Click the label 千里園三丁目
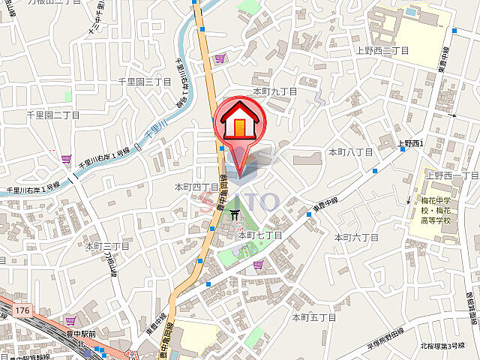click(x=140, y=80)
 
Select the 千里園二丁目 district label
click(x=53, y=115)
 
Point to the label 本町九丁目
click(x=275, y=91)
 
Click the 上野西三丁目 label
click(x=382, y=50)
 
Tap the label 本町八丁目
click(x=351, y=152)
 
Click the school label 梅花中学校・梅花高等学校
click(x=434, y=211)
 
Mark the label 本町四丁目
click(x=197, y=187)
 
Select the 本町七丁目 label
click(x=260, y=235)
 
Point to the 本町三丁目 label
click(x=107, y=246)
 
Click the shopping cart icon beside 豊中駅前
click(x=71, y=320)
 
